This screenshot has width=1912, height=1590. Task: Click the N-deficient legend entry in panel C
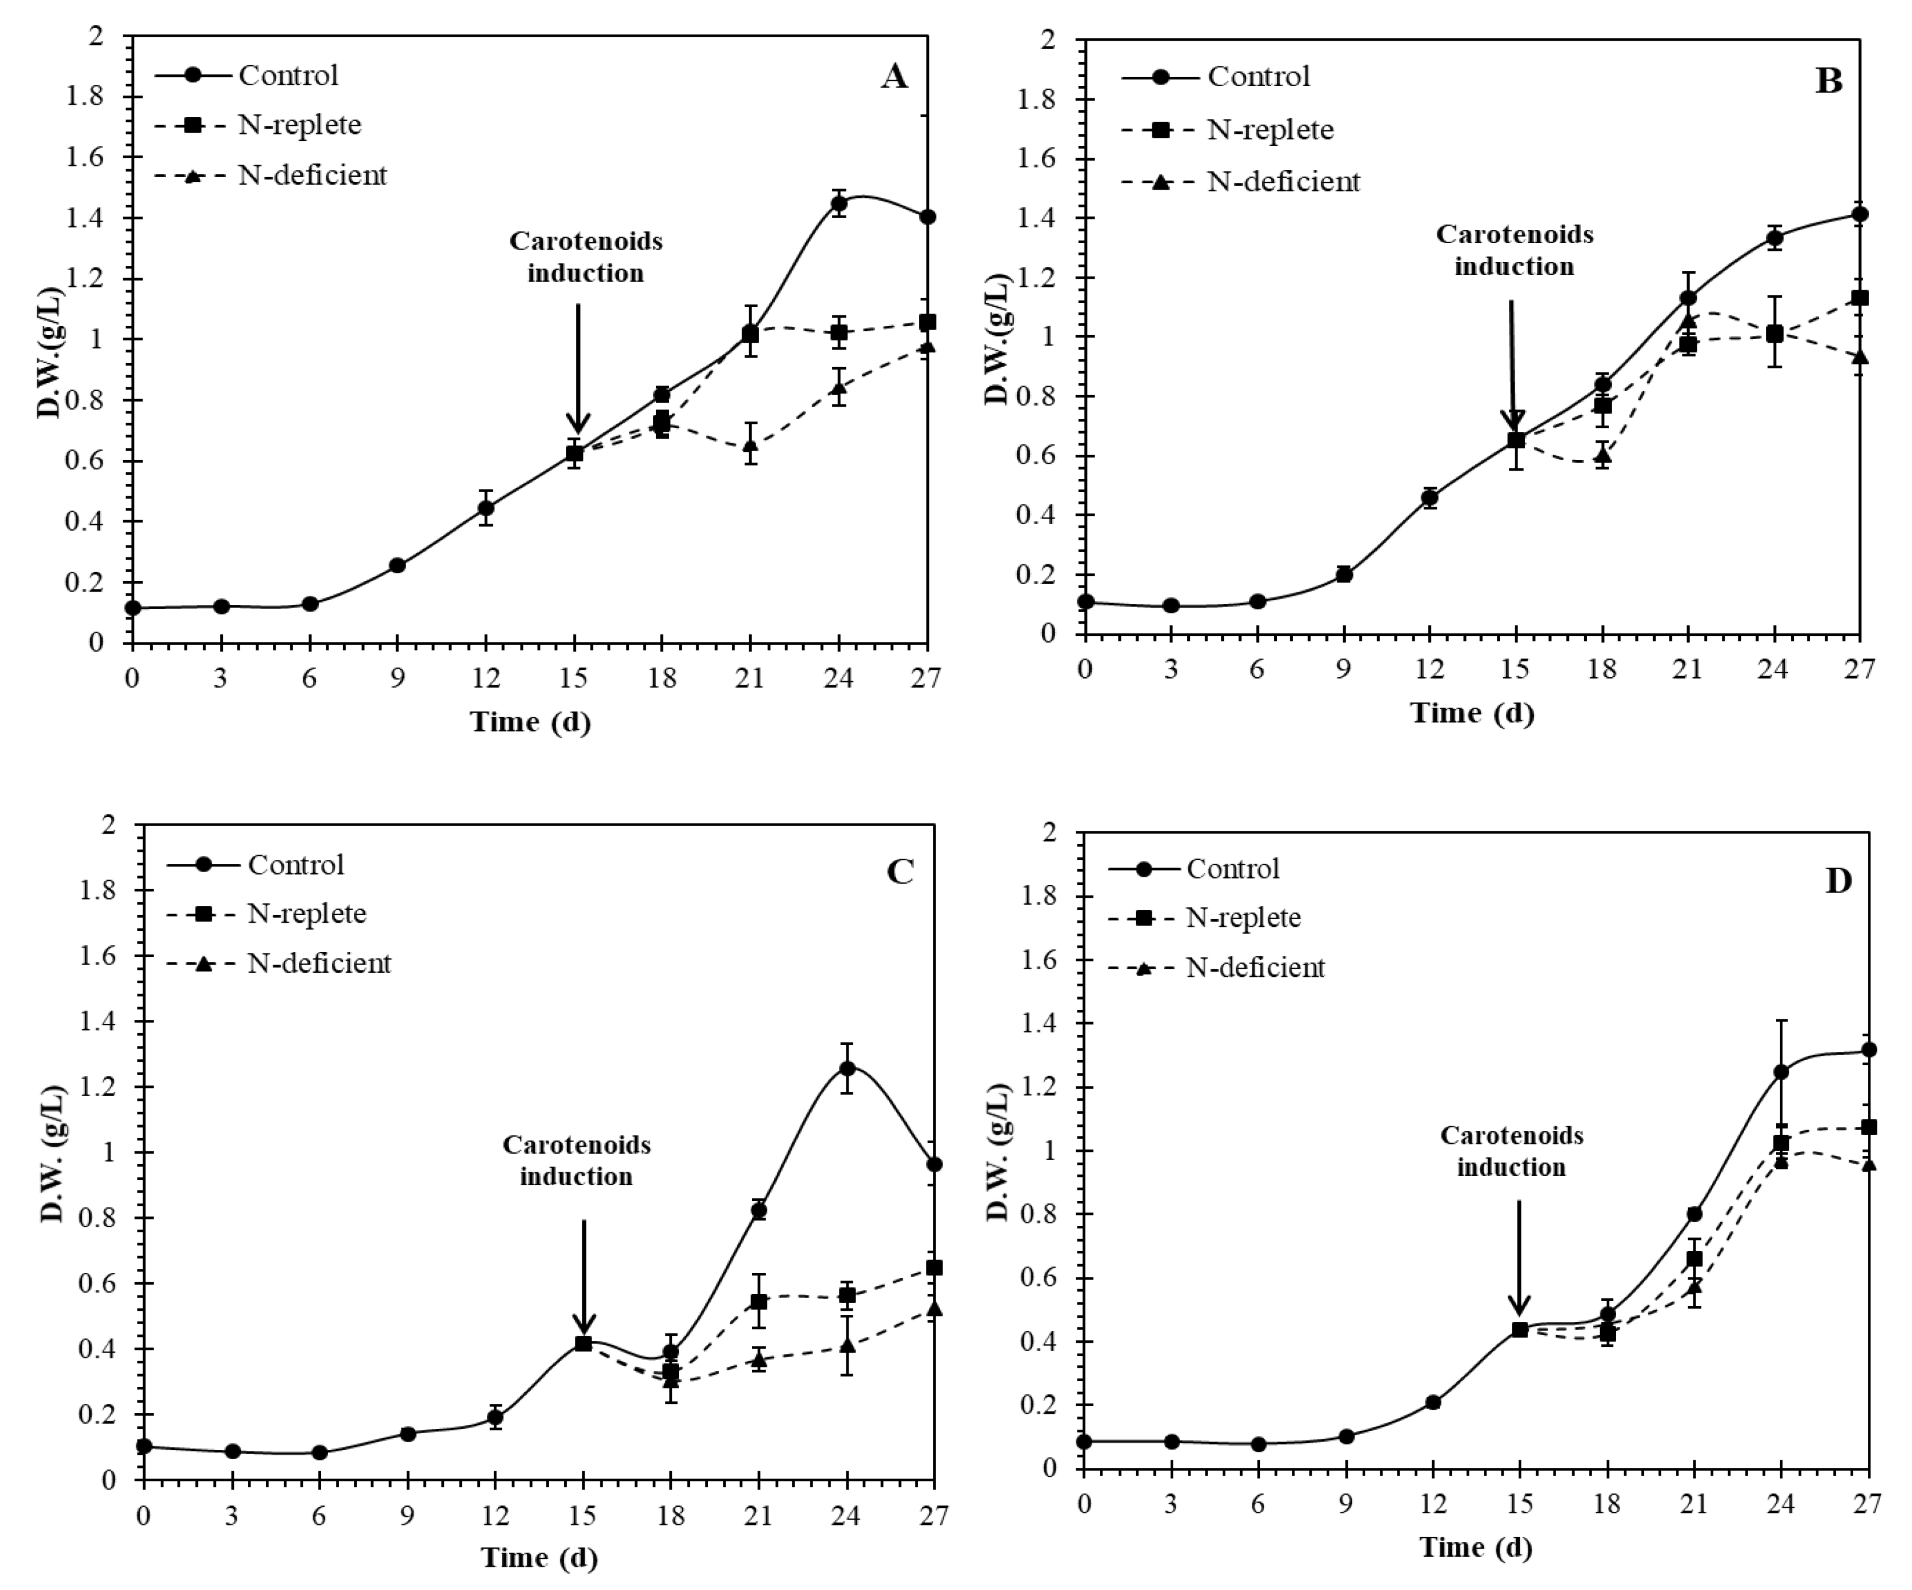(x=319, y=963)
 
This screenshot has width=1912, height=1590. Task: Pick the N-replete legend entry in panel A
(x=300, y=125)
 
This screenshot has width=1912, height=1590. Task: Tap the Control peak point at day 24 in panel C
(x=847, y=1068)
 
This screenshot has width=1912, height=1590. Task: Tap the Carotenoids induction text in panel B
(x=1514, y=250)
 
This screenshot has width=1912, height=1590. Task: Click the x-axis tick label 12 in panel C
(x=494, y=1516)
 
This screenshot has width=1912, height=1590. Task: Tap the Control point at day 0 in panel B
(x=1084, y=602)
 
